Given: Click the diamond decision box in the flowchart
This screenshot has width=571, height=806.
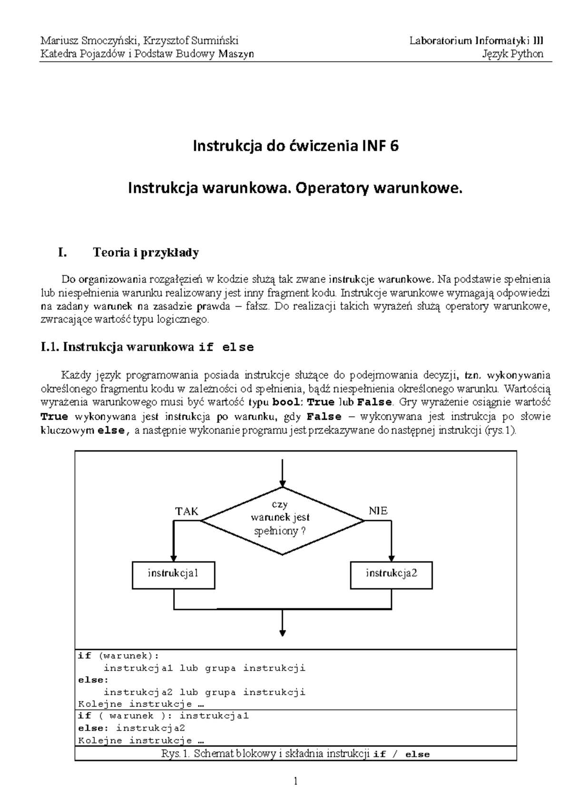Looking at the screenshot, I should tap(283, 520).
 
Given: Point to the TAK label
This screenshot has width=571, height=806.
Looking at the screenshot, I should tap(187, 511).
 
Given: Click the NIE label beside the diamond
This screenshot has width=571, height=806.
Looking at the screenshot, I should tap(378, 511).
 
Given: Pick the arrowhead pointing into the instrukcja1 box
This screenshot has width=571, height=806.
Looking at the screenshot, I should tap(174, 558).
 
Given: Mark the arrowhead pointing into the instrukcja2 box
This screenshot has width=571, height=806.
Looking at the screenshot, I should tap(392, 558).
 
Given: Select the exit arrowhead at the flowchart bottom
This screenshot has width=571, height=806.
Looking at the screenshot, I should tap(283, 633).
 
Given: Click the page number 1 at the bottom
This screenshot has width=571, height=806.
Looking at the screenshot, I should tap(295, 781).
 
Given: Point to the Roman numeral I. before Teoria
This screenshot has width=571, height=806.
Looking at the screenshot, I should tap(61, 252).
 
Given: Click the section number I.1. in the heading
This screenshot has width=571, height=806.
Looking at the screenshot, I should tap(50, 347).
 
